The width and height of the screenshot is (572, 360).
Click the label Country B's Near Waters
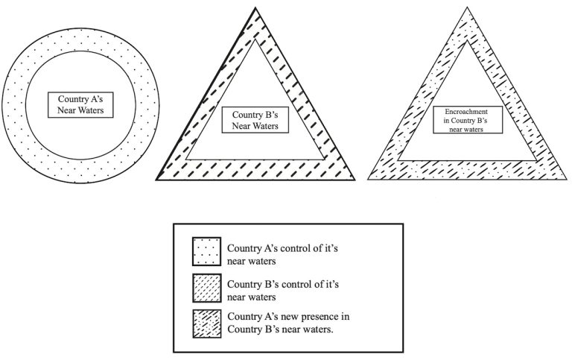[255, 121]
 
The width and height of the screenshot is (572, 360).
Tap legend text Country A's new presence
[287, 322]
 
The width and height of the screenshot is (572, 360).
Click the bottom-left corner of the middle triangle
[156, 180]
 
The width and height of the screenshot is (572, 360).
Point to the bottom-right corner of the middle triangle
[355, 180]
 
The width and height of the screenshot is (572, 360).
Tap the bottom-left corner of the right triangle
[370, 180]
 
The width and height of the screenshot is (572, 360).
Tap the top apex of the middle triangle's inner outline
[255, 40]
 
